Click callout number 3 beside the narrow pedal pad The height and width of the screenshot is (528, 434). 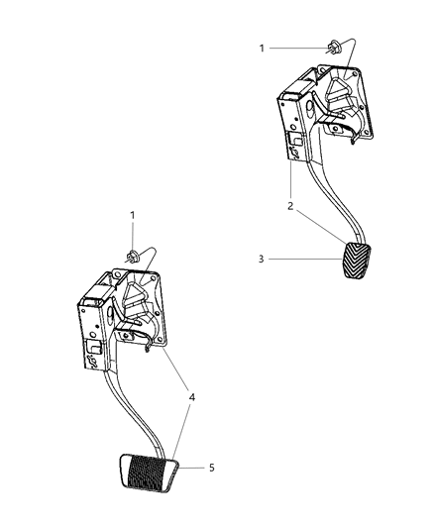[x=260, y=260]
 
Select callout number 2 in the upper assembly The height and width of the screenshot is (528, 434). [x=288, y=206]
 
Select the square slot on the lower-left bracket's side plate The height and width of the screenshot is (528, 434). [x=94, y=352]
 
